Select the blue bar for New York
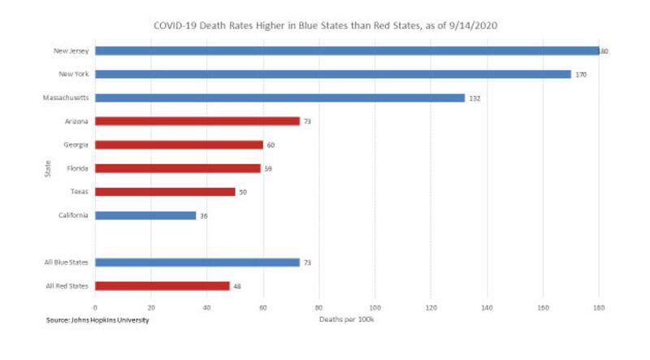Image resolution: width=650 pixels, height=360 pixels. [333, 74]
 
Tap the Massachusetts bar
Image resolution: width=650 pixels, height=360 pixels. [280, 98]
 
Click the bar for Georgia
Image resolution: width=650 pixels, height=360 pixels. [180, 145]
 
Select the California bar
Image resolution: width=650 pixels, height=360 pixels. [145, 215]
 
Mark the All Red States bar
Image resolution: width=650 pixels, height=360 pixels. [162, 286]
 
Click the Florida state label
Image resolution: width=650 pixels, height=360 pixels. [78, 168]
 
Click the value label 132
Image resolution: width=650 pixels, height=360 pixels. [475, 98]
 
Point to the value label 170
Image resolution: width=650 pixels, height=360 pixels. [581, 75]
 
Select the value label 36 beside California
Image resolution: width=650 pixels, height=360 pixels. [205, 216]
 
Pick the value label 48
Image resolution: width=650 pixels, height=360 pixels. [237, 287]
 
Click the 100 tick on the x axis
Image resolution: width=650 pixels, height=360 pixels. [375, 307]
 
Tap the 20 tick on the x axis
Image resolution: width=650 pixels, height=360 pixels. [151, 307]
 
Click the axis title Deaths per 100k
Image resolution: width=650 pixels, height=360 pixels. [346, 319]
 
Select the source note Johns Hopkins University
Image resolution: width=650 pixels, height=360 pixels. [97, 319]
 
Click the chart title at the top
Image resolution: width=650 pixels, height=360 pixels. [325, 25]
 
